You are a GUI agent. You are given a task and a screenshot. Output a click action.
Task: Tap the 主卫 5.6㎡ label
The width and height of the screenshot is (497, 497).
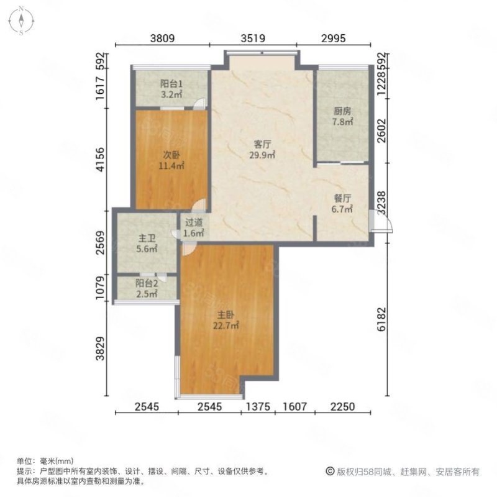(147, 243)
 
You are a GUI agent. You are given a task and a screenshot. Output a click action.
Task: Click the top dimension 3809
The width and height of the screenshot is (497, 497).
(162, 39)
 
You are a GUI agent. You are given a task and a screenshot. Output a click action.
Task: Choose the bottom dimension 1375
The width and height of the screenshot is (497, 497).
(259, 407)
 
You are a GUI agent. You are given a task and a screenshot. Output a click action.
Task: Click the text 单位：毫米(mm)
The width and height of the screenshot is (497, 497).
(45, 461)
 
